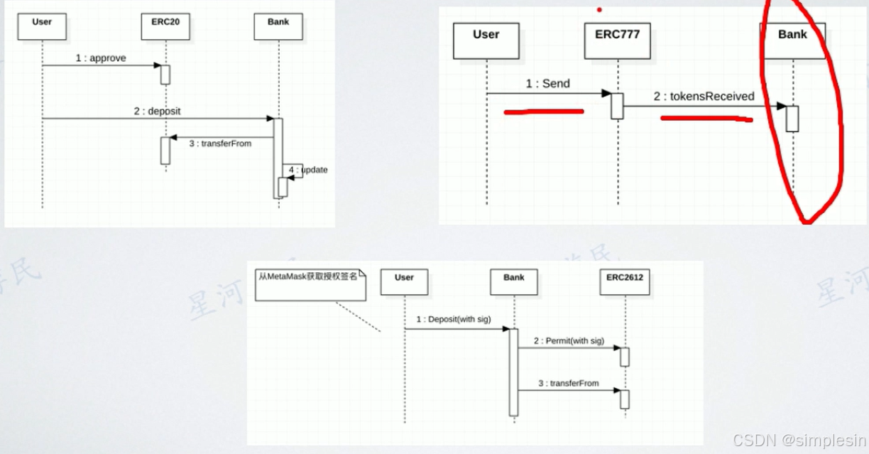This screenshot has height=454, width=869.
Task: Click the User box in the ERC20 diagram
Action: click(42, 26)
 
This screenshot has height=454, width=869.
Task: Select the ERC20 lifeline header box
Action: click(165, 26)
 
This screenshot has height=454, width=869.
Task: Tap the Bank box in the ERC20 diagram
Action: click(278, 26)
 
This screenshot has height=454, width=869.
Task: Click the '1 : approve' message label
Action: click(101, 58)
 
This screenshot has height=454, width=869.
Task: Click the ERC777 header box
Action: click(617, 40)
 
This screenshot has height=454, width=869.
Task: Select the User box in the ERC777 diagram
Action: click(486, 40)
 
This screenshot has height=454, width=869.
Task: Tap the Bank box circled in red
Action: click(792, 40)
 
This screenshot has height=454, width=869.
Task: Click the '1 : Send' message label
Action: click(547, 84)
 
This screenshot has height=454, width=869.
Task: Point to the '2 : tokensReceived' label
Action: click(704, 97)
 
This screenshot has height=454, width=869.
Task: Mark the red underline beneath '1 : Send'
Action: click(544, 112)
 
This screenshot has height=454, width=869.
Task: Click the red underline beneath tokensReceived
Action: click(706, 119)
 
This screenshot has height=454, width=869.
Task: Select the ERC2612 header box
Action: click(625, 282)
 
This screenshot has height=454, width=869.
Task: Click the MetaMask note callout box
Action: click(310, 284)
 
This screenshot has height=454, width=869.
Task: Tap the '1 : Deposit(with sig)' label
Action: click(454, 320)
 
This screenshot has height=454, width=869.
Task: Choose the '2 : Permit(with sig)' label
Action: click(569, 341)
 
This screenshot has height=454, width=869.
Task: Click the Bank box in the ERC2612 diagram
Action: click(513, 282)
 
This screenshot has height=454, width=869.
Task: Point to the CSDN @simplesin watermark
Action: click(799, 440)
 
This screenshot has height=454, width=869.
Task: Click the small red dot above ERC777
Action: click(599, 10)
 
